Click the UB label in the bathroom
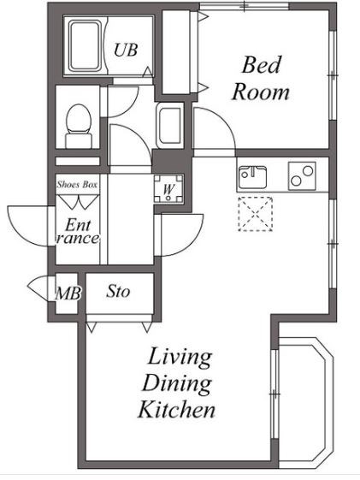[126, 50]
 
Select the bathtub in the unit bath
[85, 45]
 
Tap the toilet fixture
[79, 126]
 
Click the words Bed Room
[260, 79]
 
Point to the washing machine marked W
[168, 189]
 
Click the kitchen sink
[252, 177]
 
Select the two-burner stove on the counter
[302, 176]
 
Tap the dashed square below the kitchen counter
[256, 214]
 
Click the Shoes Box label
[77, 185]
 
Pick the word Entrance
[79, 231]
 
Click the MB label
[68, 293]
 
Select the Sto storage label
[118, 292]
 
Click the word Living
[180, 358]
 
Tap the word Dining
[177, 383]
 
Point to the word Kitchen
[176, 409]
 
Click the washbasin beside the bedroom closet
[170, 125]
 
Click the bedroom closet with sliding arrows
[180, 52]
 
